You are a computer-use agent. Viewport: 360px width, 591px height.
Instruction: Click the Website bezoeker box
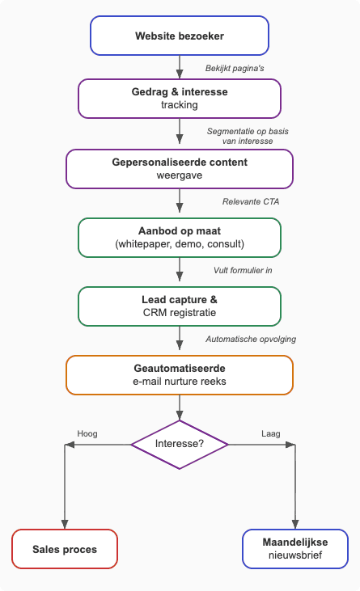coord(180,36)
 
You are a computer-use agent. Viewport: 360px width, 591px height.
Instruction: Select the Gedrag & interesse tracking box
coord(180,98)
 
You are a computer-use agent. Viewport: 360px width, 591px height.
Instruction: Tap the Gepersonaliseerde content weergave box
coord(180,168)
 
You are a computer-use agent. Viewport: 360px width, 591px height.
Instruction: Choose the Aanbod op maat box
coord(180,238)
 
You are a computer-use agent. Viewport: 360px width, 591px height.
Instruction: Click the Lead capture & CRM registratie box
coord(180,306)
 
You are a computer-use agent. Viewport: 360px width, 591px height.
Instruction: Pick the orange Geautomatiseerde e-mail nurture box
coord(180,375)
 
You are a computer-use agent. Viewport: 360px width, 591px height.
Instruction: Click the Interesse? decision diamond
coord(180,444)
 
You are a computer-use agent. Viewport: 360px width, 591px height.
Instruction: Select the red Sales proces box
coord(65,549)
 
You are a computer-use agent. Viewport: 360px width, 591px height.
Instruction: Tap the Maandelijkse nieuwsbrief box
coord(295,549)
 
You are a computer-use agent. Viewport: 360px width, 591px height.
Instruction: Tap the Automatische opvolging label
coord(251,339)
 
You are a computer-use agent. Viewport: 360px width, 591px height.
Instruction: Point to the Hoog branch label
coord(87,433)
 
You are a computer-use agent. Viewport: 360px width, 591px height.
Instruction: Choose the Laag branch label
coord(271,433)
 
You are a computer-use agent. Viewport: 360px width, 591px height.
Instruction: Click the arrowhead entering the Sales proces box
coord(65,524)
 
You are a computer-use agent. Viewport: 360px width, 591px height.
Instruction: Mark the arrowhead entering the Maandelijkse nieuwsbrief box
coord(295,524)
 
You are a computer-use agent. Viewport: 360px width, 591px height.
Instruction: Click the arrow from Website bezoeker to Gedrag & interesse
coord(180,66)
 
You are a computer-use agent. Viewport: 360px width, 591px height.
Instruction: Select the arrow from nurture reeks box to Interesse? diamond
coord(180,407)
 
